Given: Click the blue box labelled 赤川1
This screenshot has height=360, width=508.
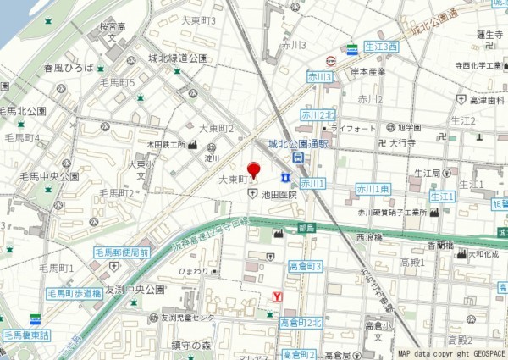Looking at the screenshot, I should tap(312, 183).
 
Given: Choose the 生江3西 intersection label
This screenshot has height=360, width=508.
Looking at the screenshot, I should tap(381, 47).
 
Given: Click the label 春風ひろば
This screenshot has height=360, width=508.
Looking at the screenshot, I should tap(68, 65).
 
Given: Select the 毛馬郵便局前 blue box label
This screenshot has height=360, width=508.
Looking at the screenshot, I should tap(123, 252).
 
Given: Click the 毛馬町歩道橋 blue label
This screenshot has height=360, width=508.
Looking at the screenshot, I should tap(75, 293).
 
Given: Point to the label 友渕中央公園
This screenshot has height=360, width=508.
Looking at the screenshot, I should tap(135, 290).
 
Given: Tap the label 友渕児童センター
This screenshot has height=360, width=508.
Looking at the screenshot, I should tap(191, 318).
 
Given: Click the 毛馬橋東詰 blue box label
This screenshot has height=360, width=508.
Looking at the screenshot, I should tap(26, 335).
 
